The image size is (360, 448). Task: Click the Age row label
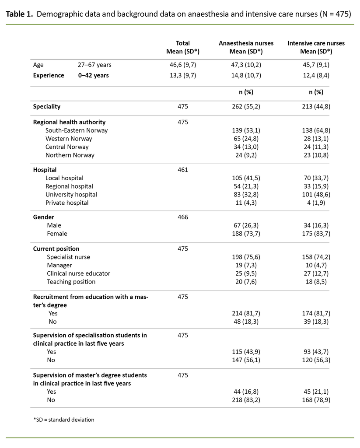[38, 65]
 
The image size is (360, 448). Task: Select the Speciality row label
[47, 106]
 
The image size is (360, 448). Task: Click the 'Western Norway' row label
[69, 139]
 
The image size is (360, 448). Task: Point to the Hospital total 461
[182, 170]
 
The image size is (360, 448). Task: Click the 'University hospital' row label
[71, 195]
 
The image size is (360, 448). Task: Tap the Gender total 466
[182, 217]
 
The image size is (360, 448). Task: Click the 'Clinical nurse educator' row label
[78, 273]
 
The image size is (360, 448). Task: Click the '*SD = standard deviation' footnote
[63, 420]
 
